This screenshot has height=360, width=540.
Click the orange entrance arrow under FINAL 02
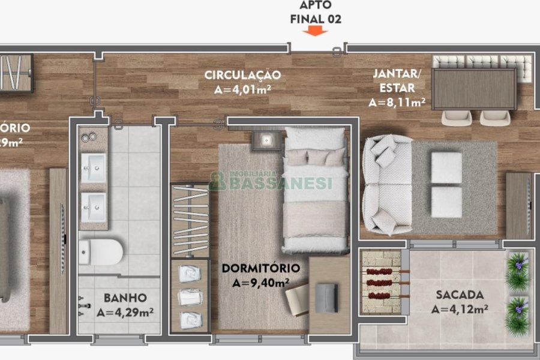(x=315, y=32)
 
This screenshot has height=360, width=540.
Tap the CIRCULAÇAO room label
(x=242, y=75)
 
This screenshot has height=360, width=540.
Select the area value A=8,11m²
(x=397, y=102)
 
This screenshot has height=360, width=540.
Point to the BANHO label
(x=125, y=297)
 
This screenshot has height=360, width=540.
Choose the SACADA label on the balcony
(x=460, y=295)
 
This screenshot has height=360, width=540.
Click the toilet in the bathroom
(x=100, y=251)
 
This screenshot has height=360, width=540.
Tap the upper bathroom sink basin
(x=94, y=167)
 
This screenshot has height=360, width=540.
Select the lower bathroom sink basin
(x=94, y=207)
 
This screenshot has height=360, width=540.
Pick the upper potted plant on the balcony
(x=517, y=271)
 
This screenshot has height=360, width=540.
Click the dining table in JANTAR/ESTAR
(x=474, y=89)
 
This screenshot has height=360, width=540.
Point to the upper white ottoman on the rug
(x=446, y=167)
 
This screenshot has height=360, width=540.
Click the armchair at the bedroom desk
(x=299, y=298)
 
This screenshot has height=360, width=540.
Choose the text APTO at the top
(x=316, y=5)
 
